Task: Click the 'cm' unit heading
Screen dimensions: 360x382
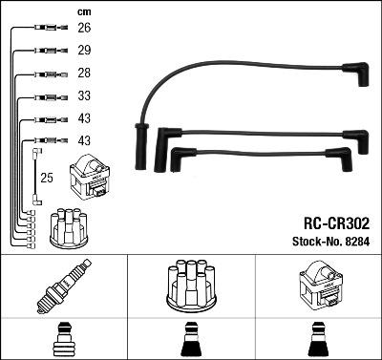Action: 83,11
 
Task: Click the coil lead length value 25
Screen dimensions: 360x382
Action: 45,178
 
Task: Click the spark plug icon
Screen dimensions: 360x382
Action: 63,286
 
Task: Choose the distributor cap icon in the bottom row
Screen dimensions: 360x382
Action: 190,286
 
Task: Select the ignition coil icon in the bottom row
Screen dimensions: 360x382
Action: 318,286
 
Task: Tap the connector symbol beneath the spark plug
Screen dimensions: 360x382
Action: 63,340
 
